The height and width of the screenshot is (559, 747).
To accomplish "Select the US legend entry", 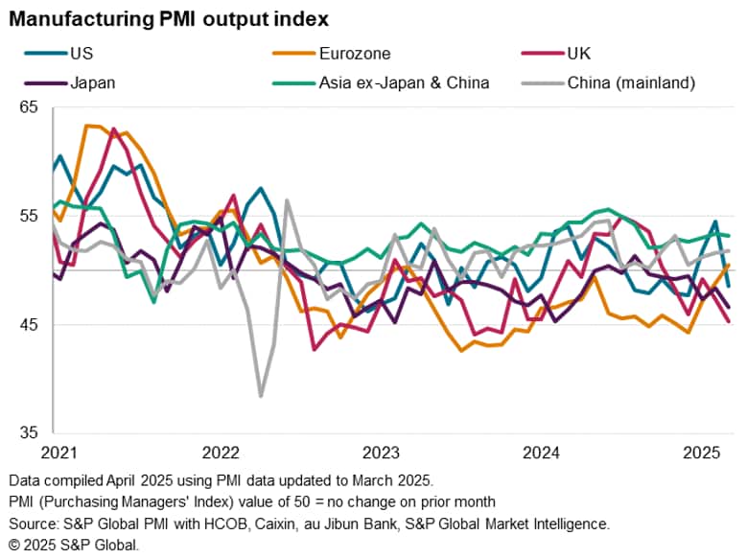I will point(82,54).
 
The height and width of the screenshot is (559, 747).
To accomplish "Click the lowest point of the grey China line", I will point(261,395).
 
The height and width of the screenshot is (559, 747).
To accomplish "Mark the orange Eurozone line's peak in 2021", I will point(88,126).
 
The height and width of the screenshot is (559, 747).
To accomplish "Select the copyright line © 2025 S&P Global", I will point(74,545).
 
